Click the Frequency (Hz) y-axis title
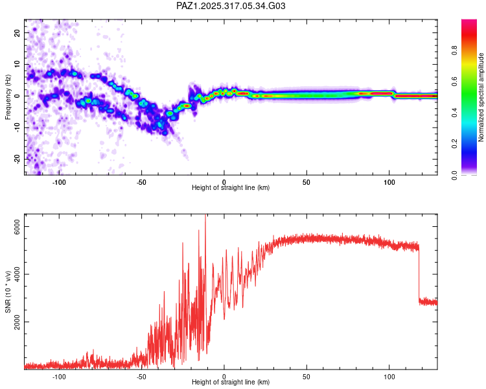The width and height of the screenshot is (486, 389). tap(8, 97)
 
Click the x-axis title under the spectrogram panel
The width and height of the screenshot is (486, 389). tap(231, 188)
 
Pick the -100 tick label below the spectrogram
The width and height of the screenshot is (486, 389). tap(59, 182)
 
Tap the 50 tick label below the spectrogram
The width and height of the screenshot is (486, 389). tap(307, 182)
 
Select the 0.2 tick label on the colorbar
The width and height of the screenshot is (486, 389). tap(472, 144)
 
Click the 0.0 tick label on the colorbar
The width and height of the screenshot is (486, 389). tap(472, 174)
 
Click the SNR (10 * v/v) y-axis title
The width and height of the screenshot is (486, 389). tap(8, 291)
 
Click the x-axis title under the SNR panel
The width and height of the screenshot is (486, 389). tap(231, 383)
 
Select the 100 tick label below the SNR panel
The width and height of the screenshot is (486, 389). tap(389, 376)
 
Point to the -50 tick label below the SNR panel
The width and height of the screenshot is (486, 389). tap(141, 376)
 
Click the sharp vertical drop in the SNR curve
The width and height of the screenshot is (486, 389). tap(419, 272)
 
